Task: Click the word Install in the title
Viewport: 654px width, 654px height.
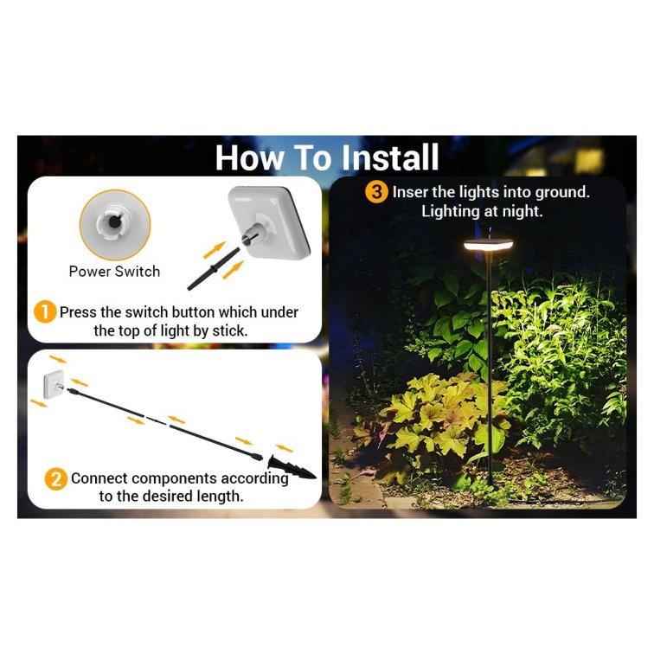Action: [389, 157]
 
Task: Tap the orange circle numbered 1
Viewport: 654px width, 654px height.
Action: [45, 312]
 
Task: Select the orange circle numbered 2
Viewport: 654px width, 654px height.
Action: [56, 479]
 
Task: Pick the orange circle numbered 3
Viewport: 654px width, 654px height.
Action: [376, 192]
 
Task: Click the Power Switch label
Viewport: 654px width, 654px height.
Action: [114, 272]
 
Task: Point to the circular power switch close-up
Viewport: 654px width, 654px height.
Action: [115, 225]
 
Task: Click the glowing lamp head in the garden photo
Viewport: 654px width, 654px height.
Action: [488, 245]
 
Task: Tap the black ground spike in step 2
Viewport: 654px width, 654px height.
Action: [292, 467]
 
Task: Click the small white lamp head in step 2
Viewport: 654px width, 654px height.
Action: [54, 384]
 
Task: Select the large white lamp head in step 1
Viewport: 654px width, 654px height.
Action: [270, 221]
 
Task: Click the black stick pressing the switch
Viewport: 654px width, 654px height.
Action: [214, 269]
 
